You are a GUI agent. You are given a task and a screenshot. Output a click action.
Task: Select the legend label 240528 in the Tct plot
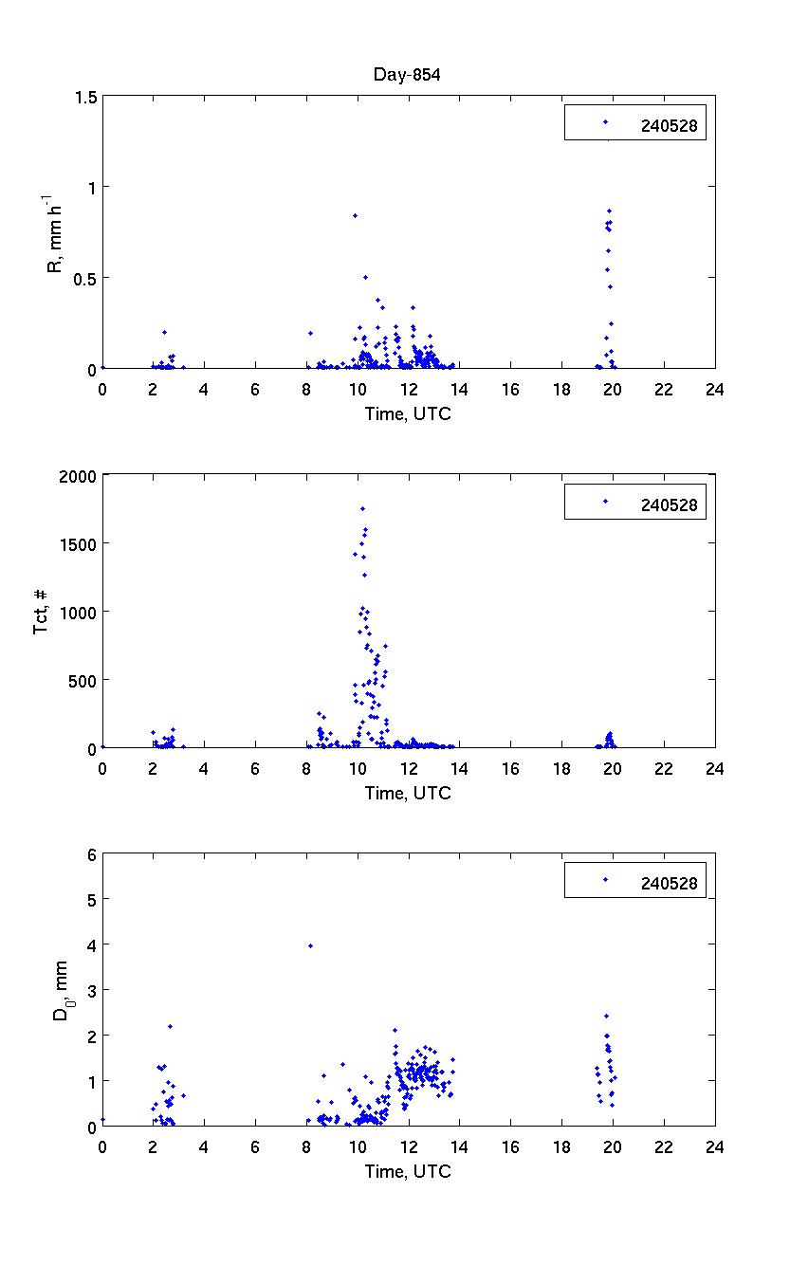tap(669, 505)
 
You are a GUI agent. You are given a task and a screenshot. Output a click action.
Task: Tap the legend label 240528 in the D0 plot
tap(669, 884)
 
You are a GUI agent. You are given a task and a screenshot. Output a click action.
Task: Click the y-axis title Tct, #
tap(43, 611)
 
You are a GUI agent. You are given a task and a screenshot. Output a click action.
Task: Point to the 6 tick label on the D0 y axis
tap(92, 853)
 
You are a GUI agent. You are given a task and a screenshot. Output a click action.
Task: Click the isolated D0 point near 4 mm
tap(310, 945)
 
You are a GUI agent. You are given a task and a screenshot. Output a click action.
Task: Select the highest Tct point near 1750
tap(362, 508)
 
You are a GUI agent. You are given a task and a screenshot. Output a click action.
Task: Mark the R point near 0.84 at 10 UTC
tap(355, 215)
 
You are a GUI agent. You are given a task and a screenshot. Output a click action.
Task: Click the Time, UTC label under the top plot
tap(408, 414)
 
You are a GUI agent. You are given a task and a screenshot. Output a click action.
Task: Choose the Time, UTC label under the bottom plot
tap(408, 1172)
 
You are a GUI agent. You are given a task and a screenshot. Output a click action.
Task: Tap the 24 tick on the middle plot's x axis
tap(714, 768)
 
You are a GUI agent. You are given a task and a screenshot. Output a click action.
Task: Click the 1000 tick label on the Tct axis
tap(78, 612)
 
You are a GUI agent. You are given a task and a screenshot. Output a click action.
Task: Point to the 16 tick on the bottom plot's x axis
tap(510, 1146)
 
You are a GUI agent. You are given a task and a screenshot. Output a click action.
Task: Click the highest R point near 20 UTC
tap(609, 211)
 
